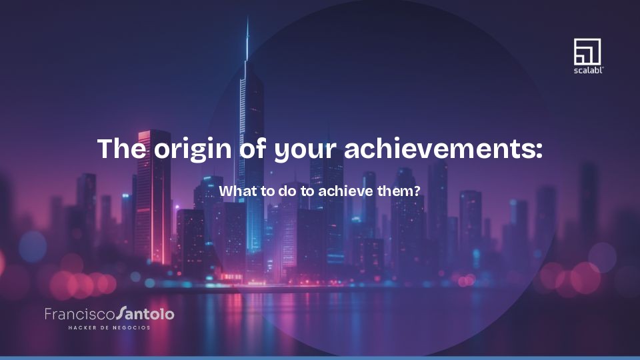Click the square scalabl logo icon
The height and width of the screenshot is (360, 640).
click(x=587, y=51)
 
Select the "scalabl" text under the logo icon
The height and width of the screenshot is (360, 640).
click(x=588, y=69)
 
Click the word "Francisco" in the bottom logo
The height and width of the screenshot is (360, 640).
click(x=79, y=313)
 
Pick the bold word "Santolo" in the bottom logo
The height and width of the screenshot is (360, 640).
click(x=145, y=313)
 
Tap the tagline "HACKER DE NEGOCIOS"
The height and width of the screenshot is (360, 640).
click(x=109, y=327)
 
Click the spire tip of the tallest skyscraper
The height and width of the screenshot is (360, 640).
click(x=247, y=20)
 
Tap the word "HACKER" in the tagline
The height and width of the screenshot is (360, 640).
click(x=82, y=327)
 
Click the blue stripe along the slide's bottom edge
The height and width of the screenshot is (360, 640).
click(x=320, y=357)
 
